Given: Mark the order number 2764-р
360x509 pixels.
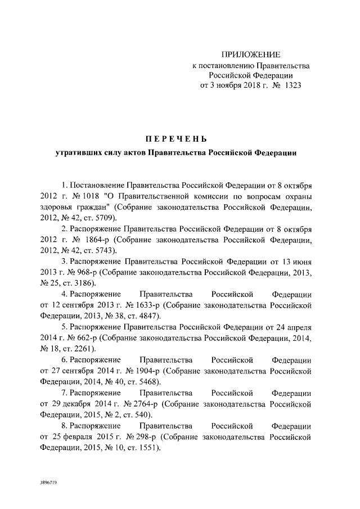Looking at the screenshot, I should pos(150,404).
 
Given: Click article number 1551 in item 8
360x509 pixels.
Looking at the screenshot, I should pos(147,448).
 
